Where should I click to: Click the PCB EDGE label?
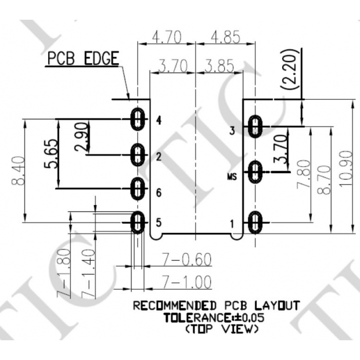click(82, 59)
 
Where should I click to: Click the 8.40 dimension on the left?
click(17, 172)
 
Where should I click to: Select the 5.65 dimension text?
click(51, 154)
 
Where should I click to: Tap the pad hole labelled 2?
click(138, 155)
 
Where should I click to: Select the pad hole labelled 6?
click(138, 189)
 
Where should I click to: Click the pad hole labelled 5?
click(138, 222)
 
